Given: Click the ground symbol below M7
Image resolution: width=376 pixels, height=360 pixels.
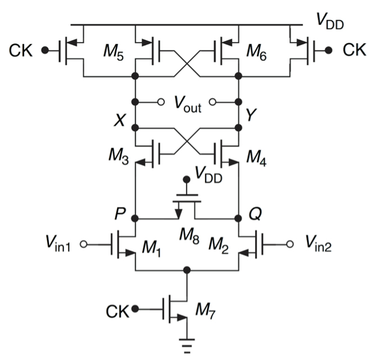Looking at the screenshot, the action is (187, 346).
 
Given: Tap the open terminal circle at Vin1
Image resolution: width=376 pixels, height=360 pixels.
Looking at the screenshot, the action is (83, 244).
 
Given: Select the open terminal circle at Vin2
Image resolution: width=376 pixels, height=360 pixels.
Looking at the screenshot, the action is (289, 244).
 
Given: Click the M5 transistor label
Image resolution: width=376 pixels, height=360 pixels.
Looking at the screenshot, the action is (114, 52).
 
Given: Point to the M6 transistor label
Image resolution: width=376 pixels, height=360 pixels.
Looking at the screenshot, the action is (256, 52).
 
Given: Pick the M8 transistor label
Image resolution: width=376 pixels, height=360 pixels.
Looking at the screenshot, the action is (189, 236).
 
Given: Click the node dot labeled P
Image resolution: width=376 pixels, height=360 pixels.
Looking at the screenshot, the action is (135, 218).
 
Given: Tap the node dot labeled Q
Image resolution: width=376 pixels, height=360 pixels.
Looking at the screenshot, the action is (238, 218).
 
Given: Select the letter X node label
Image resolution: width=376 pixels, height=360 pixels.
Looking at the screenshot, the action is (119, 120).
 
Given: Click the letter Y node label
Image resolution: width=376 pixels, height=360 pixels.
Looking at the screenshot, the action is (251, 115).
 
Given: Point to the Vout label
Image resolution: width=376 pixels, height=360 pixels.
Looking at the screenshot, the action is (188, 104).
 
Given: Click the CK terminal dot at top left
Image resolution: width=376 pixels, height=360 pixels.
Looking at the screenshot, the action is (45, 51).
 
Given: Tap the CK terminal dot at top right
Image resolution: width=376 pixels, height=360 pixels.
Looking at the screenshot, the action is (329, 51).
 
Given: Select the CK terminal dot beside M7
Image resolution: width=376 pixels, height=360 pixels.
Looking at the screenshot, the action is (135, 309).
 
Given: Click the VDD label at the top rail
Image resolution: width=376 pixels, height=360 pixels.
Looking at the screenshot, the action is (330, 21).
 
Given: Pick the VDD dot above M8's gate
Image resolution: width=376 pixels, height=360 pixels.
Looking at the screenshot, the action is (187, 179).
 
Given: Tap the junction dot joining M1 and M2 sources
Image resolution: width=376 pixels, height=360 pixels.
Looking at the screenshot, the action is (187, 270).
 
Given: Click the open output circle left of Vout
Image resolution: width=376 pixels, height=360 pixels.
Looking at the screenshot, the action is (161, 102).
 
